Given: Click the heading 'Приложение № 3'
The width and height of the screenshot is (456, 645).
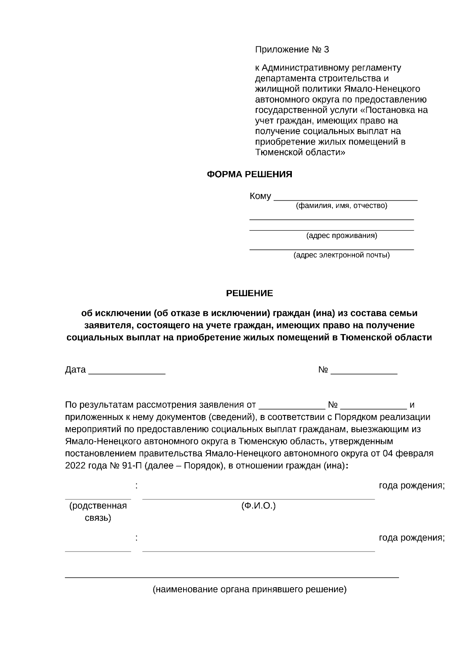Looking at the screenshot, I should (292, 50).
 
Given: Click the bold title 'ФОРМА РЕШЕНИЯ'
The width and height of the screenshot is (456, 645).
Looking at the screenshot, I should (249, 174).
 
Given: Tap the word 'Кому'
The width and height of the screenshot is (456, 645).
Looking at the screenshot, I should (260, 197).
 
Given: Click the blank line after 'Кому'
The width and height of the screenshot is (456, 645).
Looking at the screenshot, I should (345, 197).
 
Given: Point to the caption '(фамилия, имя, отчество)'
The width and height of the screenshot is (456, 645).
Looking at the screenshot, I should (341, 206).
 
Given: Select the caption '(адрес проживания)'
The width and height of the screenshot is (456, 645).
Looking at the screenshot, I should (342, 236).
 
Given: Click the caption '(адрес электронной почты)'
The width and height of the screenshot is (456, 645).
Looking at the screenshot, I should (341, 255).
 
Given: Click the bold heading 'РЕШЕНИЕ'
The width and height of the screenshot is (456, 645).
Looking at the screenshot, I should (249, 293).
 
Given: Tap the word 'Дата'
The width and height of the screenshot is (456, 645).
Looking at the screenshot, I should (75, 370).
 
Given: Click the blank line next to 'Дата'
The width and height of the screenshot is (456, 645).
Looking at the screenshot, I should (127, 372).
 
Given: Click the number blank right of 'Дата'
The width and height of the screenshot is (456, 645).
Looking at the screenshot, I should (364, 372).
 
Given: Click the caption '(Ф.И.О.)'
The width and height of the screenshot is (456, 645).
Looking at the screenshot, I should (258, 506).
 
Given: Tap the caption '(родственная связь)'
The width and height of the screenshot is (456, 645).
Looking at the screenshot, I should (98, 512).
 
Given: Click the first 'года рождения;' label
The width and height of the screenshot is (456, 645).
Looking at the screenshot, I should (412, 486).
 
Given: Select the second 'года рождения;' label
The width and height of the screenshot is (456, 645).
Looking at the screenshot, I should (412, 538).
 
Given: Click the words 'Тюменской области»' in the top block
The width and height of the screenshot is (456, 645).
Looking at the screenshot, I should (300, 152).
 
